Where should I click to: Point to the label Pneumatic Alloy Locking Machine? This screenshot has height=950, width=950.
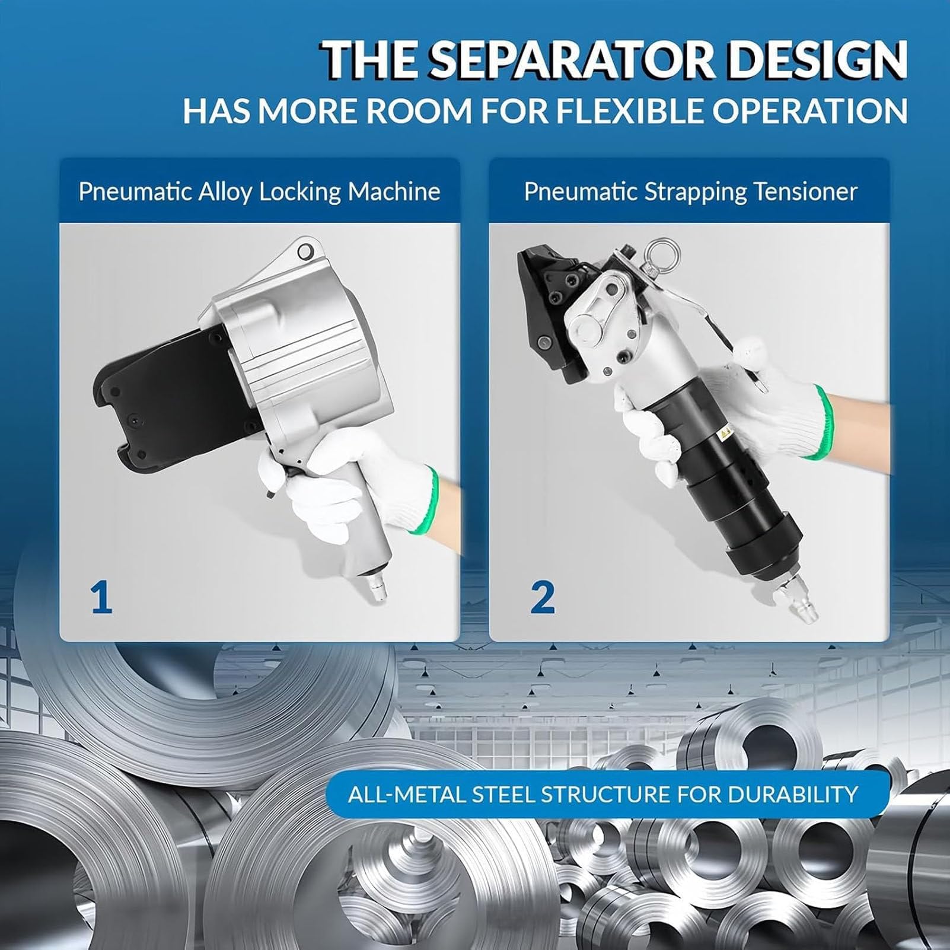[x=259, y=192]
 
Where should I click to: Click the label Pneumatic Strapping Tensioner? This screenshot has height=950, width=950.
[x=691, y=192]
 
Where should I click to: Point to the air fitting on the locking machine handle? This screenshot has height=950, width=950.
[x=377, y=587]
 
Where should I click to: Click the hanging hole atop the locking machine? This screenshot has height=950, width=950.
[x=306, y=251]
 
